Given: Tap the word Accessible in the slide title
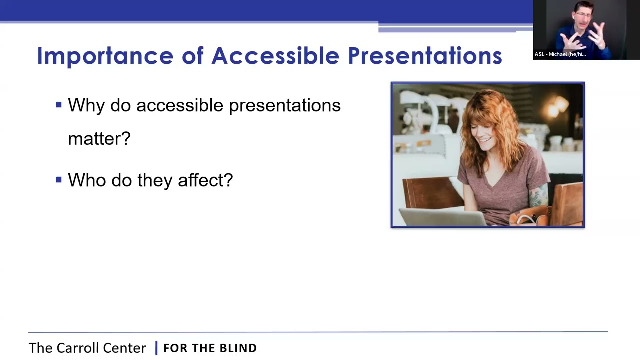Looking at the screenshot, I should pos(275,56).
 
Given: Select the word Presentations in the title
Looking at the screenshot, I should pos(425,56).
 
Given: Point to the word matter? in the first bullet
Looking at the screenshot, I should pos(99,139).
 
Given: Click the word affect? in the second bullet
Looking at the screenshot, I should pos(205,180).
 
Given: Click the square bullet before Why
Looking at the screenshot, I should pos(59,105).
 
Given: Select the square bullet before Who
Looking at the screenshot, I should pos(59,179).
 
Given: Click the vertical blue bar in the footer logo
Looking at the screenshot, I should pos(156,348).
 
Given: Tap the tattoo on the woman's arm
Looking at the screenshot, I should pos(539,196).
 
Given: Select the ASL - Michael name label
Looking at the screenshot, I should pos(560,54).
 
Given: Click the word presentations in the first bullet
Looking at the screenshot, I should pos(284,106).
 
